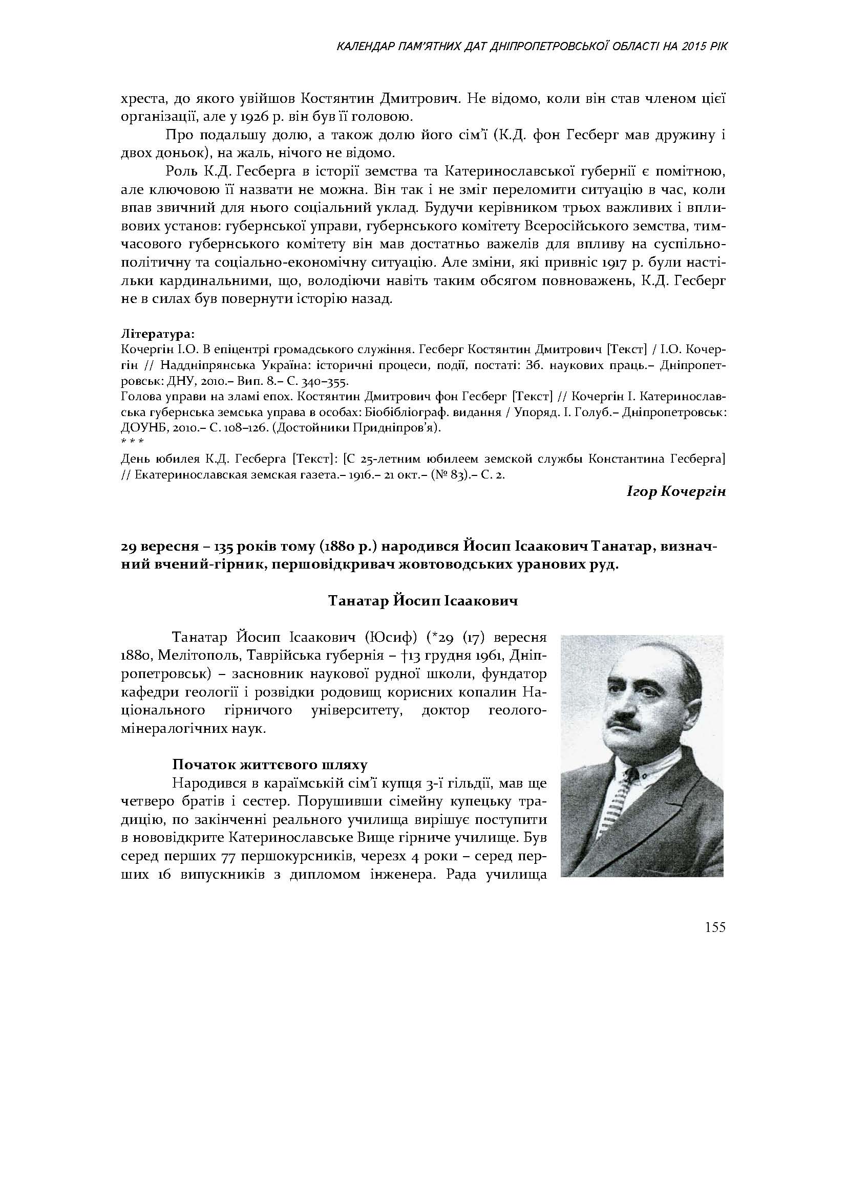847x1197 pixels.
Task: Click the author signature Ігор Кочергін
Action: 676,492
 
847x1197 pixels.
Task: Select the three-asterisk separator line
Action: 129,442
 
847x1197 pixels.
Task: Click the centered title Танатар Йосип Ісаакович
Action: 423,601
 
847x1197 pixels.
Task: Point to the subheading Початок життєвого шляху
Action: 270,765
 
